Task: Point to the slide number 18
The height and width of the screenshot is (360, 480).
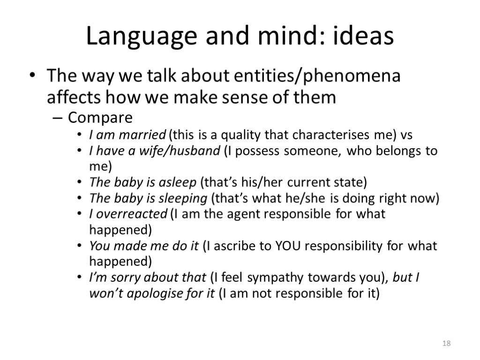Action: (446, 344)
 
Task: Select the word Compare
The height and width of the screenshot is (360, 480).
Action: (100, 117)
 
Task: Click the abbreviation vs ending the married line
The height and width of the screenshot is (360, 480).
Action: (406, 135)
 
